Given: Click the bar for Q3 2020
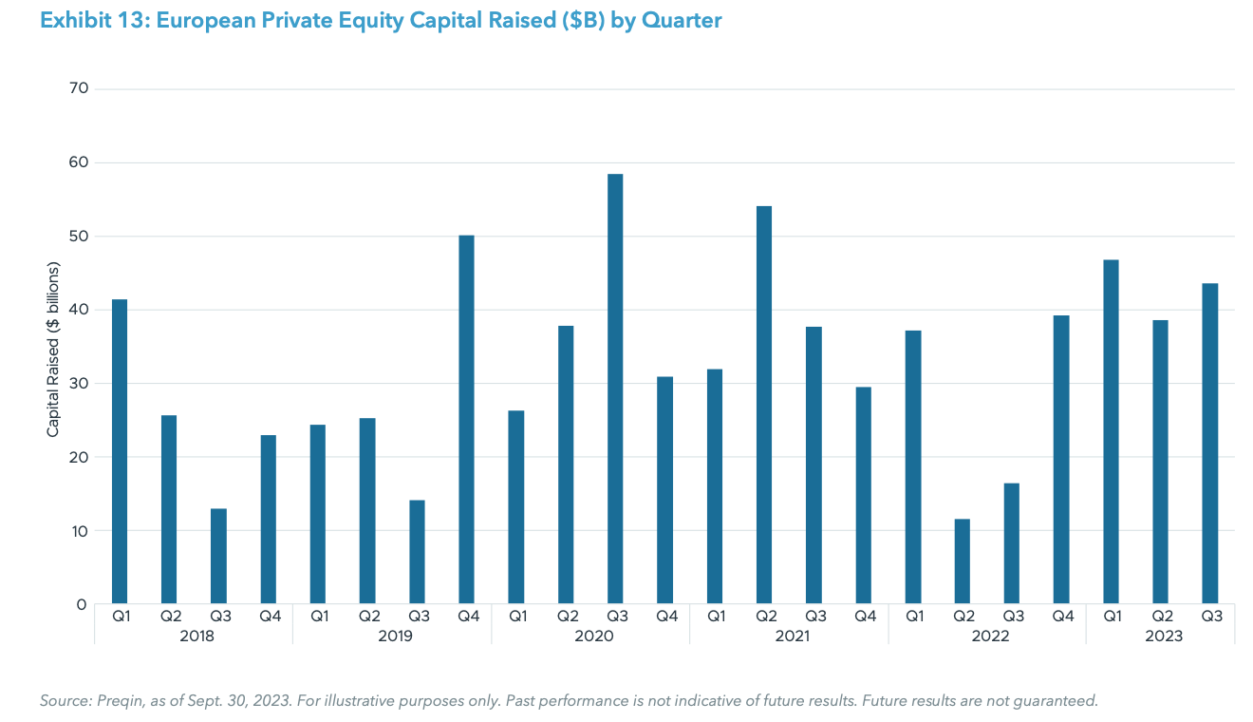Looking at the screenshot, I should point(615,389).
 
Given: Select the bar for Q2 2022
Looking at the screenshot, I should point(962,561).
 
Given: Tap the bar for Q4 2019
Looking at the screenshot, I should point(466,420).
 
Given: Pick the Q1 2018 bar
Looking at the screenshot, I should point(120,452).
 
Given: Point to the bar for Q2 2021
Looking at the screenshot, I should point(764,405).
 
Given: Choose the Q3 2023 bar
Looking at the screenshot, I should point(1209,444).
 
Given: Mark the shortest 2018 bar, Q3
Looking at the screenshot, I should point(218,557).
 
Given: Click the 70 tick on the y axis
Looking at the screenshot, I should point(78,89).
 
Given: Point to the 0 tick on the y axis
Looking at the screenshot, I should point(83,604).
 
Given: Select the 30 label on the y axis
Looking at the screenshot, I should point(78,384).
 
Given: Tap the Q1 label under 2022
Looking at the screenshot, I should point(913,616).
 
